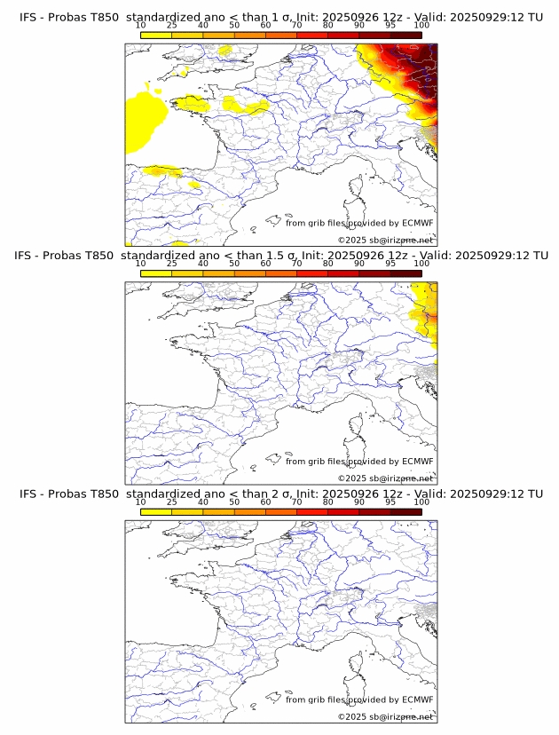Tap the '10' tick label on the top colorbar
pyautogui.click(x=140, y=26)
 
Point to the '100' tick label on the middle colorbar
pyautogui.click(x=421, y=264)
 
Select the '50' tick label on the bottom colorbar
pyautogui.click(x=234, y=502)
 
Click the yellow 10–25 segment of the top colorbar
pyautogui.click(x=156, y=35)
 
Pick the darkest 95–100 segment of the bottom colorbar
pyautogui.click(x=405, y=511)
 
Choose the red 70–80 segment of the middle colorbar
pyautogui.click(x=312, y=273)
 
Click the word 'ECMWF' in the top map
pyautogui.click(x=417, y=223)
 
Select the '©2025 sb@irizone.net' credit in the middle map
pyautogui.click(x=385, y=478)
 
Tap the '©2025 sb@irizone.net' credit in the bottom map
pyautogui.click(x=385, y=716)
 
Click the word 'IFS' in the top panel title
pyautogui.click(x=28, y=17)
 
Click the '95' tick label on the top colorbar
pyautogui.click(x=390, y=26)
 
